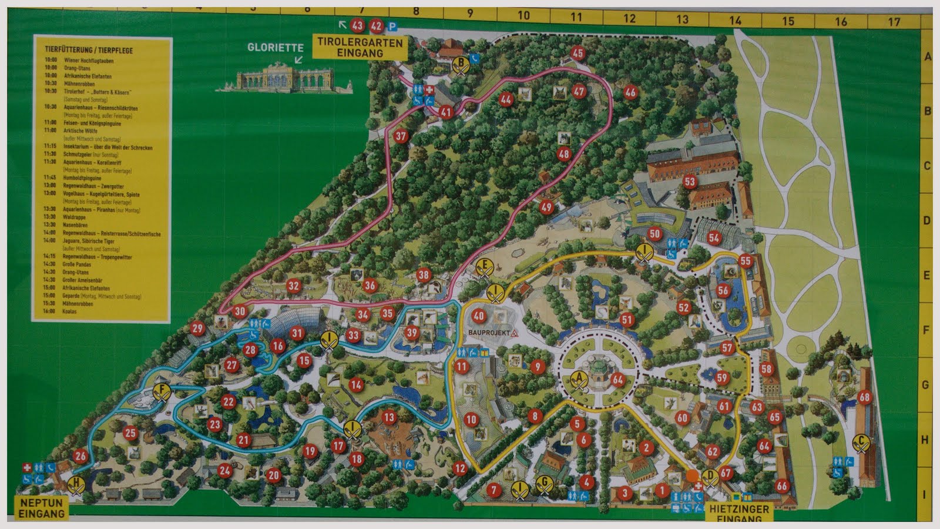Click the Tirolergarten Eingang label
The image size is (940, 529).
(360, 47)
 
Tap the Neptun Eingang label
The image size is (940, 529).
(41, 508)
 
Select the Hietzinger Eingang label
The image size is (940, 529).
(739, 513)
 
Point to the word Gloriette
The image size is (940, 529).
(276, 48)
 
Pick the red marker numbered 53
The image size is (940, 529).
(690, 182)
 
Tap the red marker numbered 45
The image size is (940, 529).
(578, 53)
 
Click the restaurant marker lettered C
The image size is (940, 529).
(861, 441)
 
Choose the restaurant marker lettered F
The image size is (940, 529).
(160, 391)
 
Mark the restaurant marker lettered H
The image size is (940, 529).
(75, 484)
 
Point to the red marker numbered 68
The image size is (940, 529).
(864, 397)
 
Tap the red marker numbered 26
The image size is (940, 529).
(80, 456)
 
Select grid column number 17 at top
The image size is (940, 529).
(894, 22)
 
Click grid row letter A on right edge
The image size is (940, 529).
(928, 57)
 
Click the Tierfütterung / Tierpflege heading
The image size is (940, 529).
(89, 50)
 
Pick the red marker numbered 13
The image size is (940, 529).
(389, 417)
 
